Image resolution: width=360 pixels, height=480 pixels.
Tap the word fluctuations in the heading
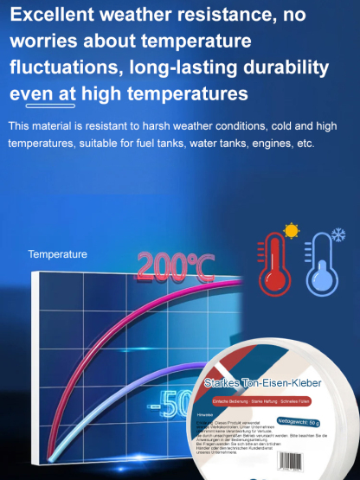pos(67,67)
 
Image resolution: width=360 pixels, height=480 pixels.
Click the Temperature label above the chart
pos(58,254)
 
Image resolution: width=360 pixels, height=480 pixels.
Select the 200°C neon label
pos(176,266)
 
